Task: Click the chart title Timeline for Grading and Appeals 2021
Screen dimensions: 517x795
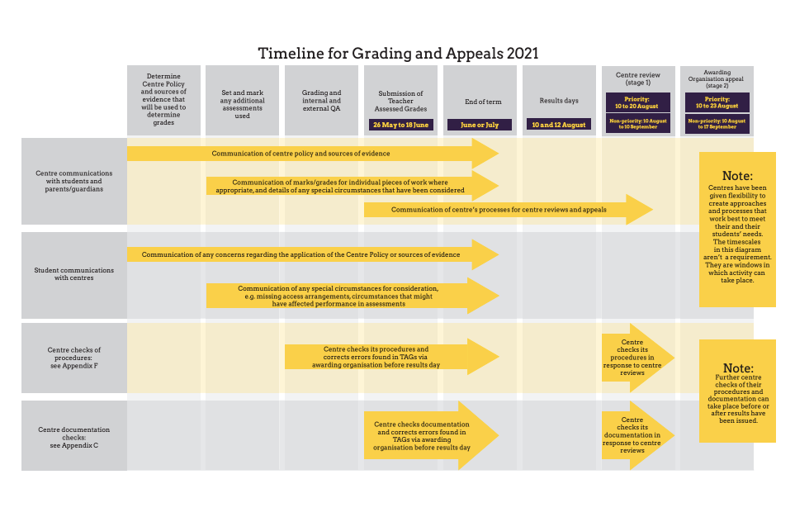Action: tap(398, 54)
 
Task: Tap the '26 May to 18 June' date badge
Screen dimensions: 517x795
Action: tap(400, 125)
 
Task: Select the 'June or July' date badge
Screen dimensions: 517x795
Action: tap(480, 125)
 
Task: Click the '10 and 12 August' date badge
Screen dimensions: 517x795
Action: tap(559, 125)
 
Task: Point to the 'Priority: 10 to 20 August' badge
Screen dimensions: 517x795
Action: tap(637, 102)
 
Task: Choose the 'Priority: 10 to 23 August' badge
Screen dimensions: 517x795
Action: tap(717, 102)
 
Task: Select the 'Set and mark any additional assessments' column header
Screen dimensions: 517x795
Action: tap(242, 101)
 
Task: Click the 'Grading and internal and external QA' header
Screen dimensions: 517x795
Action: tap(321, 101)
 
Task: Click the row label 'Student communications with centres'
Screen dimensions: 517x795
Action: tap(74, 274)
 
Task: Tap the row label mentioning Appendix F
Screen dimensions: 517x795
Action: tap(74, 358)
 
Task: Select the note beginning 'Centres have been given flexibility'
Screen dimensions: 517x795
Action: tap(737, 229)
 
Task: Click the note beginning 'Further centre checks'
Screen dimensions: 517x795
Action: tap(737, 391)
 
